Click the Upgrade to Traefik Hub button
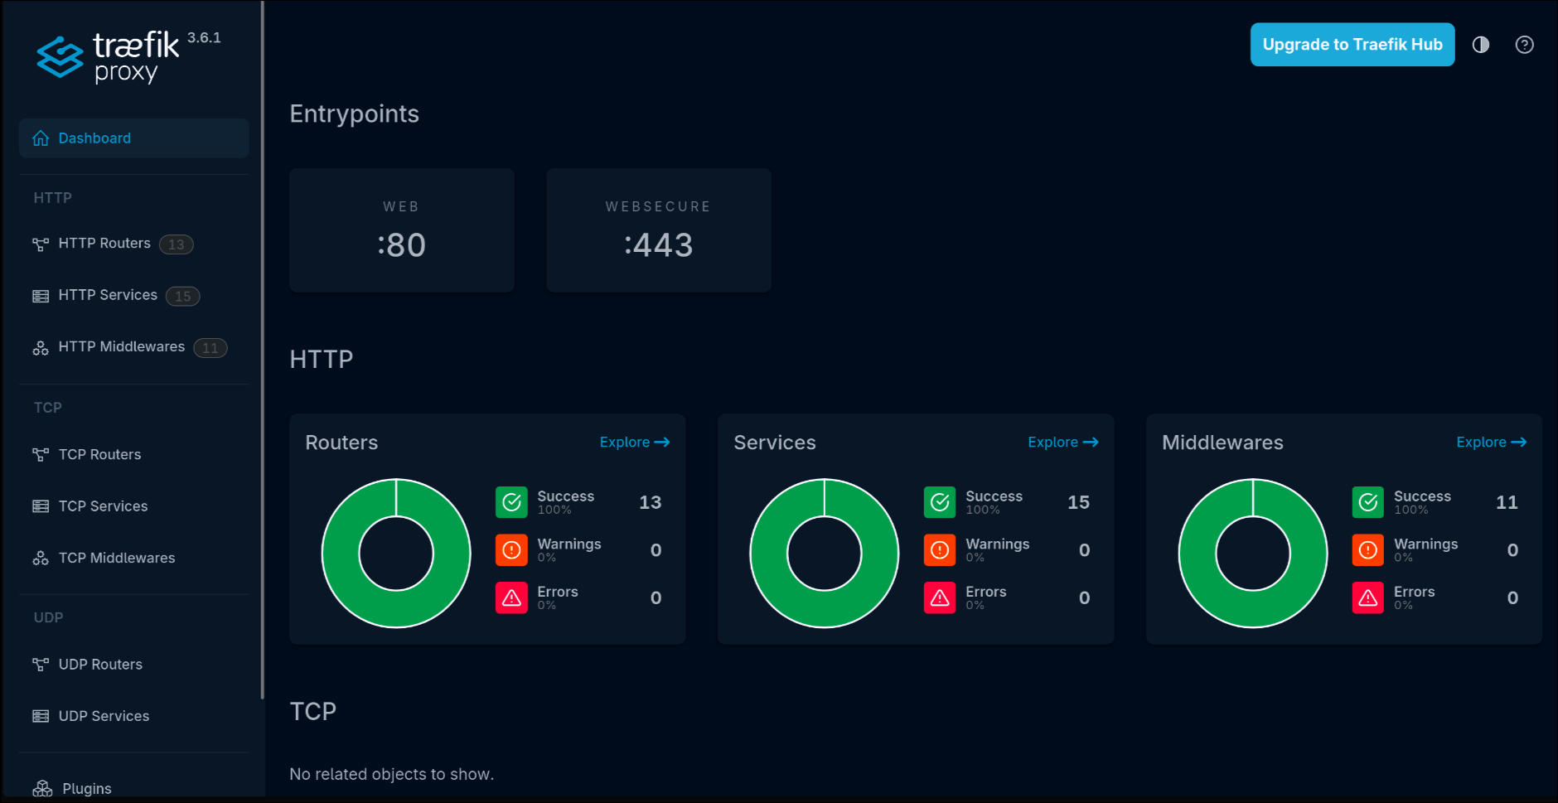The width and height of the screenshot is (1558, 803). (x=1352, y=45)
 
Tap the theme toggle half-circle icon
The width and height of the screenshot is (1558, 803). (x=1481, y=45)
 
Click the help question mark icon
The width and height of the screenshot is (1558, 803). (x=1524, y=45)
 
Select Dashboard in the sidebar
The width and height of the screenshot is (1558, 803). (x=94, y=138)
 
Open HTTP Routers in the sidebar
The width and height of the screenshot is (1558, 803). (x=104, y=244)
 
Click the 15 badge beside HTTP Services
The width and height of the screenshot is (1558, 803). (x=182, y=296)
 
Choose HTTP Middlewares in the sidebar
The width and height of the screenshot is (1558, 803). (x=121, y=347)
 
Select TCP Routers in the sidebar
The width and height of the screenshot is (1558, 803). (x=99, y=455)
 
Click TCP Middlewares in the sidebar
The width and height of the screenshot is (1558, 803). (x=116, y=559)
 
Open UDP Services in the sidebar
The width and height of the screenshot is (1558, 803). (x=104, y=716)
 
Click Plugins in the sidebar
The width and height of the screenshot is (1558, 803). (x=86, y=788)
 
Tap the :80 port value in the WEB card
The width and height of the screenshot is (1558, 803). (x=402, y=245)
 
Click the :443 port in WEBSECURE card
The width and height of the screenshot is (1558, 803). (x=659, y=245)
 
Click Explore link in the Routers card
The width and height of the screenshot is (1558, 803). (x=634, y=443)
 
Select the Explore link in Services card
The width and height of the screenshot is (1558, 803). (x=1062, y=443)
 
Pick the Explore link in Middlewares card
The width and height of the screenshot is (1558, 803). (x=1491, y=443)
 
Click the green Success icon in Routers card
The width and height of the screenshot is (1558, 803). (x=511, y=502)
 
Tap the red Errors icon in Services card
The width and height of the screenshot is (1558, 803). (x=940, y=597)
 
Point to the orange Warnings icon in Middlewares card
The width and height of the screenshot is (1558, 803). (x=1368, y=550)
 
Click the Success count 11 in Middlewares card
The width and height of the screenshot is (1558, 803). (x=1506, y=502)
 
